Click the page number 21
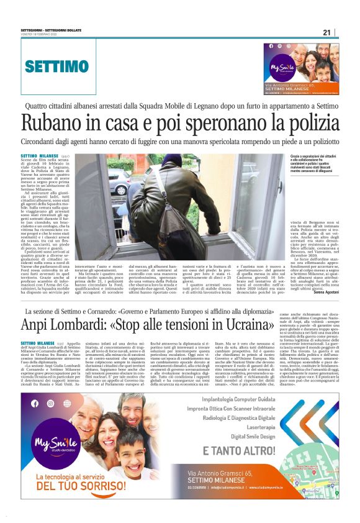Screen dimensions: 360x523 click(x=326, y=32)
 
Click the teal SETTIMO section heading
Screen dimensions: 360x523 click(x=56, y=66)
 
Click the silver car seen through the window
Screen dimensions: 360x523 click(x=119, y=182)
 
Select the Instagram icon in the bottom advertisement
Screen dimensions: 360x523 click(x=50, y=404)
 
